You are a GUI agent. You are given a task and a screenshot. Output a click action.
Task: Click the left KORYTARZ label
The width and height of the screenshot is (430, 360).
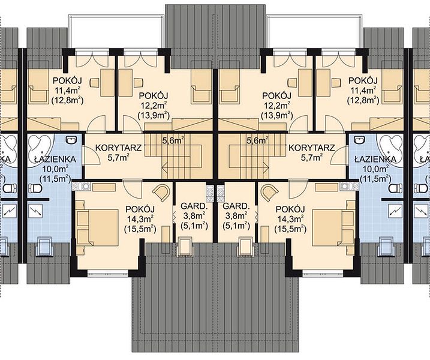pyautogui.click(x=119, y=148)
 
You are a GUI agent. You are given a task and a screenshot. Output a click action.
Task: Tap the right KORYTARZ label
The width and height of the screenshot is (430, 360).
pyautogui.click(x=312, y=148)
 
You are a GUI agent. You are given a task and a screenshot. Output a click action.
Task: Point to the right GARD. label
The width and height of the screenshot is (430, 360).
pyautogui.click(x=236, y=206)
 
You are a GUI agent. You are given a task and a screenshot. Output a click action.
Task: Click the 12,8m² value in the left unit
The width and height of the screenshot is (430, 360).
pyautogui.click(x=67, y=101)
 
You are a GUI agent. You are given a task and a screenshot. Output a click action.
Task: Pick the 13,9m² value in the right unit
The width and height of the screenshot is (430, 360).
pyautogui.click(x=277, y=116)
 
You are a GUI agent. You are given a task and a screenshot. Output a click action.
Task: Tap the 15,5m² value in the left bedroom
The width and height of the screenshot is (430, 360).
pyautogui.click(x=140, y=229)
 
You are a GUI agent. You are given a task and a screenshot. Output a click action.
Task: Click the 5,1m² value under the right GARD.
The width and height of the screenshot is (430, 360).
pyautogui.click(x=236, y=226)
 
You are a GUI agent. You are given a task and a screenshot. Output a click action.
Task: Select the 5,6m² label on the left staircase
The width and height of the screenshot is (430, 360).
pyautogui.click(x=173, y=141)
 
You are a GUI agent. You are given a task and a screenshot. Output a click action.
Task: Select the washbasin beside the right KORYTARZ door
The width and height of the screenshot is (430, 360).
pyautogui.click(x=359, y=140)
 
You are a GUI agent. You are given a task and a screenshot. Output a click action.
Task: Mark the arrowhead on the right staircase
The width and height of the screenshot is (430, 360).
pyautogui.click(x=266, y=166)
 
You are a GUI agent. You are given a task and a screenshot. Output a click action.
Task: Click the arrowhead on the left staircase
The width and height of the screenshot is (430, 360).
pyautogui.click(x=165, y=166)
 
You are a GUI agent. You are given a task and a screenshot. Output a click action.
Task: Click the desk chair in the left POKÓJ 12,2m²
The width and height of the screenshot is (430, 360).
pyautogui.click(x=138, y=82)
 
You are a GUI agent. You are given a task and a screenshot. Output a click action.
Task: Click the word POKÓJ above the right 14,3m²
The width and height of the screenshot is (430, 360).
pyautogui.click(x=290, y=209)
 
